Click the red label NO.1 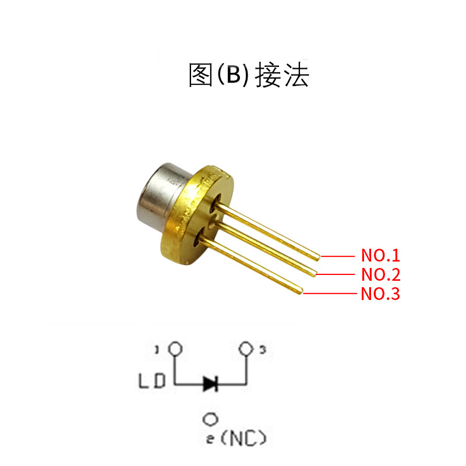pyautogui.click(x=380, y=256)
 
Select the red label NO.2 pyautogui.click(x=380, y=274)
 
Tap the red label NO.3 pyautogui.click(x=380, y=294)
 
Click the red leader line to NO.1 pyautogui.click(x=338, y=256)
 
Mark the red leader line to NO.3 pyautogui.click(x=329, y=294)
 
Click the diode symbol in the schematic pyautogui.click(x=210, y=383)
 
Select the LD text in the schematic pyautogui.click(x=153, y=382)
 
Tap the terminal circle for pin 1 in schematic pyautogui.click(x=174, y=349)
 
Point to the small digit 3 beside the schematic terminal pyautogui.click(x=263, y=350)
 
